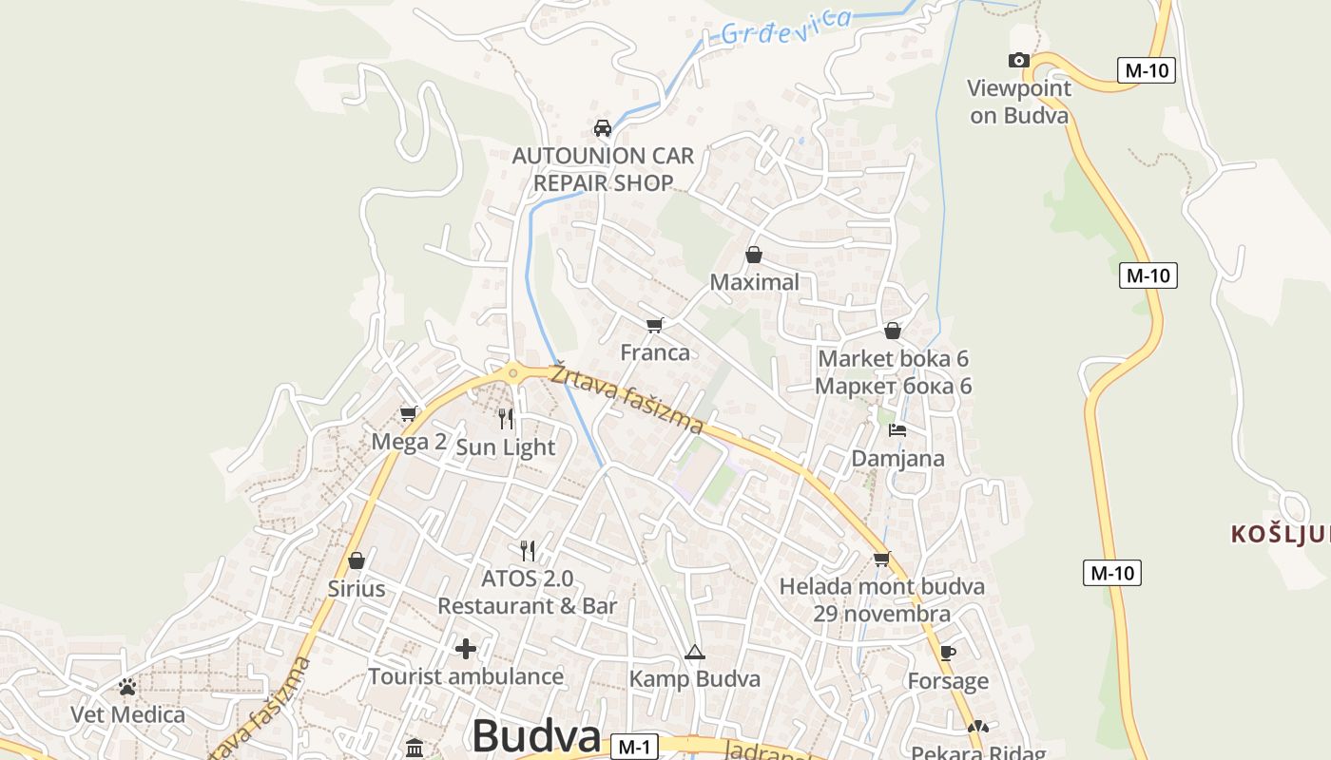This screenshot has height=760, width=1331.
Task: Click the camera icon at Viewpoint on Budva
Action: click(1018, 61)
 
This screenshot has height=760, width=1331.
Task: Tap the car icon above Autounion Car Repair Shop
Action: click(602, 127)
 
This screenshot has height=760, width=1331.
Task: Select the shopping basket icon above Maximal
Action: click(754, 255)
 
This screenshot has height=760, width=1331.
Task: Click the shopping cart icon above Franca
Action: click(654, 325)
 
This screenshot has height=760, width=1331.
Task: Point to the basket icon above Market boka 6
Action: click(892, 331)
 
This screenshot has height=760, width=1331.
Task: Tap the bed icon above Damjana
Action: click(897, 430)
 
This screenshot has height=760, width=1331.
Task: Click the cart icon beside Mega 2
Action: click(408, 413)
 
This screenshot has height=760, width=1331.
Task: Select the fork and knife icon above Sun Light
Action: click(506, 418)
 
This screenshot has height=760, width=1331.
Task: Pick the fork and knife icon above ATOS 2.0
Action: click(528, 550)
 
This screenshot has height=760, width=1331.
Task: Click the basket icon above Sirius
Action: click(357, 560)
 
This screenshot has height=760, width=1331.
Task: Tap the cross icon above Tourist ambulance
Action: click(466, 649)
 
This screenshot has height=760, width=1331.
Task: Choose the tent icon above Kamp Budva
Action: click(695, 652)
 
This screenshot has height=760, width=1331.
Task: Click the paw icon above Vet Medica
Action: click(127, 686)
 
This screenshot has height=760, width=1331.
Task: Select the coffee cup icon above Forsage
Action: click(947, 653)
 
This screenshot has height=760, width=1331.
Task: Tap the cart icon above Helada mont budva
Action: click(881, 559)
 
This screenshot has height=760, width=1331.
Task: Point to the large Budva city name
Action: click(536, 737)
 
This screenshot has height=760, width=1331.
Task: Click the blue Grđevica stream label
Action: click(785, 26)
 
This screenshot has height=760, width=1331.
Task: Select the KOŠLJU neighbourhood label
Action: click(1280, 534)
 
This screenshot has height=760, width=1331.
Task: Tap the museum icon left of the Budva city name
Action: click(415, 748)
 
